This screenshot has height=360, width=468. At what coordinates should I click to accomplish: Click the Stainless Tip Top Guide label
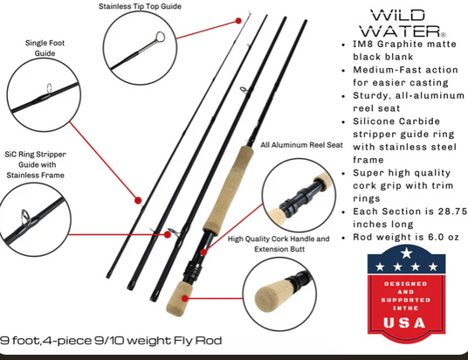pyautogui.click(x=140, y=6)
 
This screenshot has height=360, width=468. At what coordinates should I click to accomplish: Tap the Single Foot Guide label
pyautogui.click(x=45, y=48)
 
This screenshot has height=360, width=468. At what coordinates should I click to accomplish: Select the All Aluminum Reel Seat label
pyautogui.click(x=301, y=145)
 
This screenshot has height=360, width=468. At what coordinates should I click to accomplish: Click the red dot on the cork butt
pyautogui.click(x=185, y=298)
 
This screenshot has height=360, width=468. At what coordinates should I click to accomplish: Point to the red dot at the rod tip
pyautogui.click(x=238, y=21)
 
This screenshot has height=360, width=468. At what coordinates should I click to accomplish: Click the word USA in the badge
pyautogui.click(x=404, y=323)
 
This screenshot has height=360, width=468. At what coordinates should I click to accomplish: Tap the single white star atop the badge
pyautogui.click(x=407, y=253)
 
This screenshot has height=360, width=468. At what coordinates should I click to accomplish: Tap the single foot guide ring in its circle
pyautogui.click(x=49, y=88)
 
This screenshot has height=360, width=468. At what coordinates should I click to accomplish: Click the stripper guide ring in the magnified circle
pyautogui.click(x=25, y=216)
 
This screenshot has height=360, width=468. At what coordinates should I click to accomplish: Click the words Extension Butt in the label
pyautogui.click(x=279, y=249)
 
